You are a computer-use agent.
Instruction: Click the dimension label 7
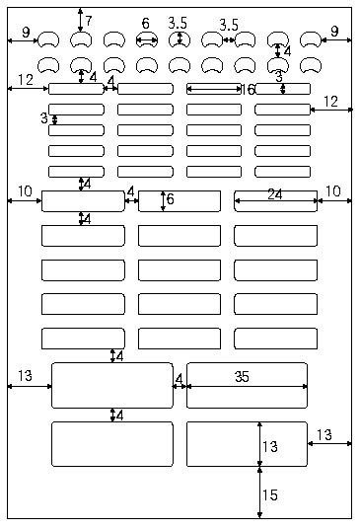pyautogui.click(x=89, y=20)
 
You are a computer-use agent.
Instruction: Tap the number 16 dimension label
pyautogui.click(x=249, y=89)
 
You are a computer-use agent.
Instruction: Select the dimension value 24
pyautogui.click(x=275, y=194)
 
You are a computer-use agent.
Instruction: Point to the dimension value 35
pyautogui.click(x=242, y=376)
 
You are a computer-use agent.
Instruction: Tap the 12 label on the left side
pyautogui.click(x=26, y=79)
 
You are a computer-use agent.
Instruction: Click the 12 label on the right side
pyautogui.click(x=331, y=101)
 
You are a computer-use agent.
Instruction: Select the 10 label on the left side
pyautogui.click(x=25, y=190)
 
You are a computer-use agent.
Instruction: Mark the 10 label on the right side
pyautogui.click(x=333, y=190)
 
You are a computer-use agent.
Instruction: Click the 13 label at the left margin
pyautogui.click(x=26, y=376)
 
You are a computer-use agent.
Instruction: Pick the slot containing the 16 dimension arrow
pyautogui.click(x=213, y=89)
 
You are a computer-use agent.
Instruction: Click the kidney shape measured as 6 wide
pyautogui.click(x=146, y=39)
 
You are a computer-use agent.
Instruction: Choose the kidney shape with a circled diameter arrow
pyautogui.click(x=179, y=39)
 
